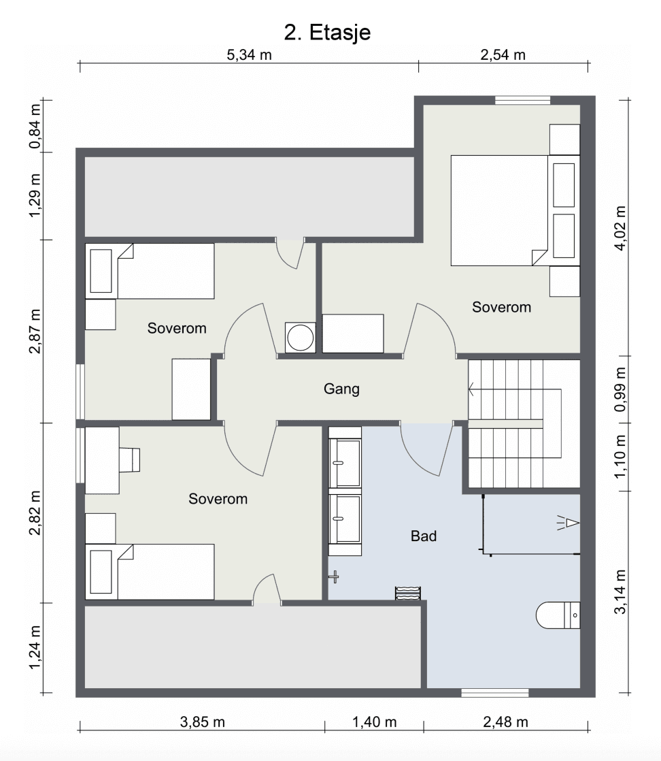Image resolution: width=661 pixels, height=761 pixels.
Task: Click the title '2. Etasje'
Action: point(327,33)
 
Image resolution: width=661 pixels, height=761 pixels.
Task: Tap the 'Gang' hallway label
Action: point(341,389)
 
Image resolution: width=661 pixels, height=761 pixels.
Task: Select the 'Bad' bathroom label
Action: point(424,536)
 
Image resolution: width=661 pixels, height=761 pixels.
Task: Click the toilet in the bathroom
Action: point(558,615)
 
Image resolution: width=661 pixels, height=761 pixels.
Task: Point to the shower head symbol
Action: point(569,523)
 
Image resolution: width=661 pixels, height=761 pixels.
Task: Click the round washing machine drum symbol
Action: point(300,338)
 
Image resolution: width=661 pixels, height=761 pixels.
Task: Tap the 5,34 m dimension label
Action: point(250,55)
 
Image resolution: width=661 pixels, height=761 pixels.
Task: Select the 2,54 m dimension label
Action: point(503,55)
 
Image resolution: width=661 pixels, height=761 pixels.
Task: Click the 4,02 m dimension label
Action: point(620,228)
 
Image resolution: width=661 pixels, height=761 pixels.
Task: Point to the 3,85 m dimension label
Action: point(202,722)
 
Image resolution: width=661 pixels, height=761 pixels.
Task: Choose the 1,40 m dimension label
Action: point(374,722)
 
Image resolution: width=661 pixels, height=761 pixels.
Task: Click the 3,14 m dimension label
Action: point(620,592)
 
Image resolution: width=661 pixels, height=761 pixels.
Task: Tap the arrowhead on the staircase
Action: point(471,389)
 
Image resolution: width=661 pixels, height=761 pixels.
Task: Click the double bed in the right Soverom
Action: point(515,210)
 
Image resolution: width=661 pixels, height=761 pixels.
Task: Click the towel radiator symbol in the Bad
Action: point(407,593)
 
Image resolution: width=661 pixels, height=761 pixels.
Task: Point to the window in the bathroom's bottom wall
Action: point(494,692)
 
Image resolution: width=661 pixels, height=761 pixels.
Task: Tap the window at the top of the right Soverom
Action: point(523,101)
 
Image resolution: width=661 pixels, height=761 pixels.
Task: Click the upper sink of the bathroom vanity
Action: point(345,462)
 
